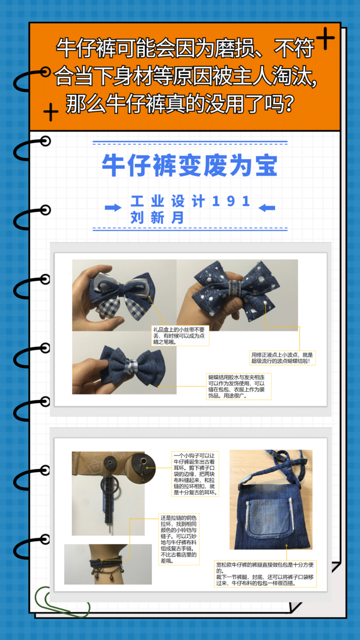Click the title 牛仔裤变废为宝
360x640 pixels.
pos(189,165)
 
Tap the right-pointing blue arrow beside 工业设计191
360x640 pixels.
pos(113,207)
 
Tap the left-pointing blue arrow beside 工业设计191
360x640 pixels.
pos(266,207)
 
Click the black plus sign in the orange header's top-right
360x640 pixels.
pos(325,39)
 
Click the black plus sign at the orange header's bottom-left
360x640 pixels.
pos(50,112)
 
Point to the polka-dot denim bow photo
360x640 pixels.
pos(237,295)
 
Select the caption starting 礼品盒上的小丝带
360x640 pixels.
pos(180,336)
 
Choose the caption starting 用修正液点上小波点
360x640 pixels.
pos(282,357)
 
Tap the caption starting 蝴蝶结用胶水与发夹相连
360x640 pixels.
pos(239,386)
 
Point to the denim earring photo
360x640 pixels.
pos(108,493)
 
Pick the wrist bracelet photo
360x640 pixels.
pos(107,564)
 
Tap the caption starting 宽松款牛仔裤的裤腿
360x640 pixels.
pos(265,573)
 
